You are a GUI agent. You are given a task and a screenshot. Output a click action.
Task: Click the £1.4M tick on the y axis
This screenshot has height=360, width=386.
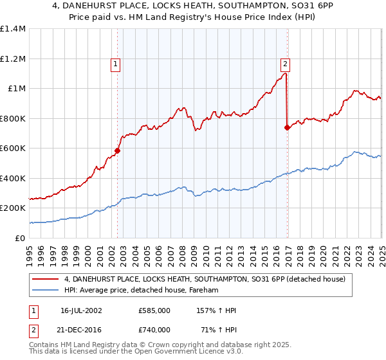coord(13,29)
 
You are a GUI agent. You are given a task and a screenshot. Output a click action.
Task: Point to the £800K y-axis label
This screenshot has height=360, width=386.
coord(13,118)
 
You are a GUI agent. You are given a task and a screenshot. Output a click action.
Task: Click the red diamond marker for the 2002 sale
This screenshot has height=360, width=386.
coord(117,151)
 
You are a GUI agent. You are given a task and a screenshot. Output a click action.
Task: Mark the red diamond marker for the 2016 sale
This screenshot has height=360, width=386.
coord(287,127)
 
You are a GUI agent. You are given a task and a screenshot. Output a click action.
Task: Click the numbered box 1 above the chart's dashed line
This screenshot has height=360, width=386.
coord(115,64)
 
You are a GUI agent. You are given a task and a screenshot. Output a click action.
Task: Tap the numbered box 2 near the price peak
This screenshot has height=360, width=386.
coord(284,64)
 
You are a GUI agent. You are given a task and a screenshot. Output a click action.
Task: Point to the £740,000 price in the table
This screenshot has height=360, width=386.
coord(154,330)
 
